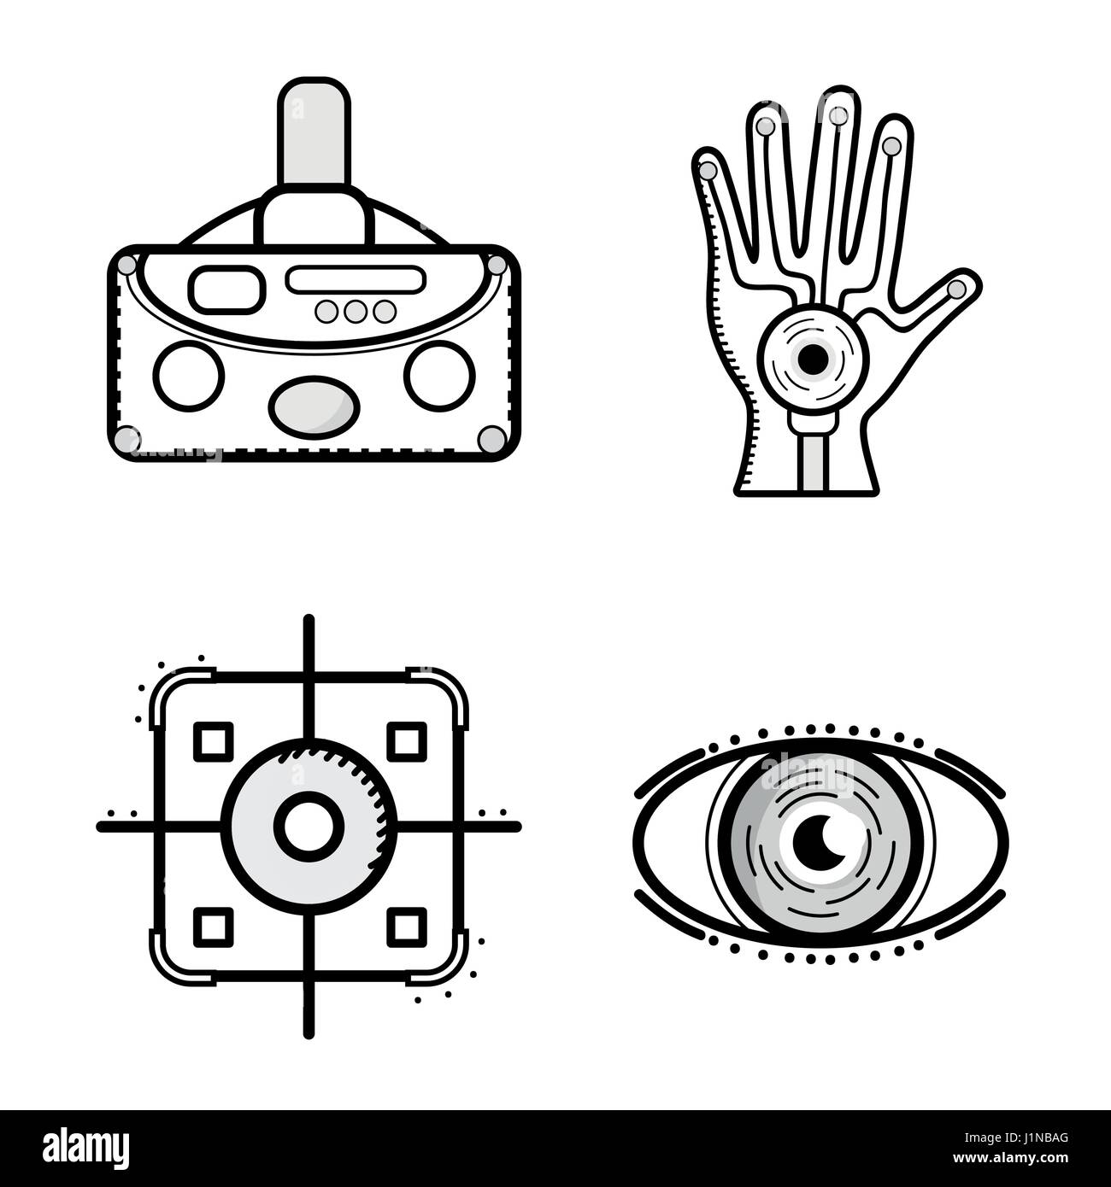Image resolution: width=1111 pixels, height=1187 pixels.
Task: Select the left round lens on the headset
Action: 188,374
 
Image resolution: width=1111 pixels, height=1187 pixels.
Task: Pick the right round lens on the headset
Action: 440,374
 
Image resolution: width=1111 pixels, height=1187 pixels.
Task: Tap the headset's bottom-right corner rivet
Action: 491,438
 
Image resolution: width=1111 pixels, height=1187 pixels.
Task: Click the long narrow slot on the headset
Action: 356,279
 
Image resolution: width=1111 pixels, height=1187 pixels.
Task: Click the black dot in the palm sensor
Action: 812,360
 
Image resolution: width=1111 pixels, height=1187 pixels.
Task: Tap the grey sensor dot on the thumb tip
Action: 958,289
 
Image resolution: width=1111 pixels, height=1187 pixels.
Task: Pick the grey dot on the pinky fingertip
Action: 708,170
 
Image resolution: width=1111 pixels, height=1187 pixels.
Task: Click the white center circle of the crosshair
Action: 309,827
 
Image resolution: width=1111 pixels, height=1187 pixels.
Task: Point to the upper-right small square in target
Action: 407,740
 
